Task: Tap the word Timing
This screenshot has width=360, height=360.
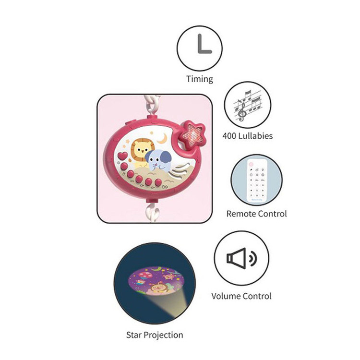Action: point(200,79)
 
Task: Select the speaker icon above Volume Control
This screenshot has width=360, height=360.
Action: point(241,259)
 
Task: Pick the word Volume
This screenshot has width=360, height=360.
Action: point(226,296)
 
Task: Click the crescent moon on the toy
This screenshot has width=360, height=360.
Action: point(164,139)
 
